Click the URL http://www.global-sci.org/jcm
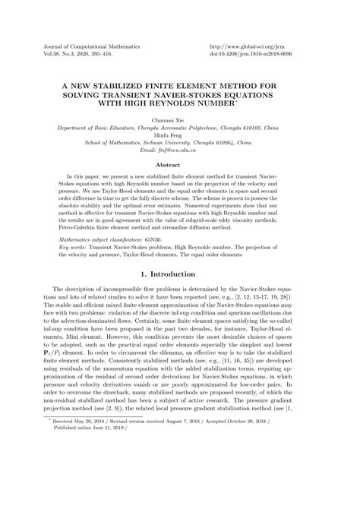[x=258, y=47]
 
